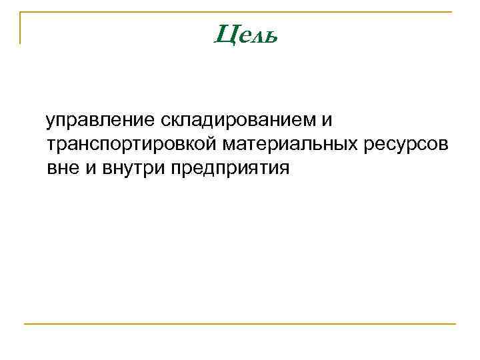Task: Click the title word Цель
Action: pyautogui.click(x=245, y=34)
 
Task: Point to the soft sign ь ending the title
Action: pyautogui.click(x=268, y=35)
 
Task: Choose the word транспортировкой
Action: pyautogui.click(x=131, y=145)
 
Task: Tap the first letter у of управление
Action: pyautogui.click(x=50, y=123)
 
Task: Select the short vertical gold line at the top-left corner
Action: pyautogui.click(x=20, y=28)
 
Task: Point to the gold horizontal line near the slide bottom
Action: pyautogui.click(x=240, y=324)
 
